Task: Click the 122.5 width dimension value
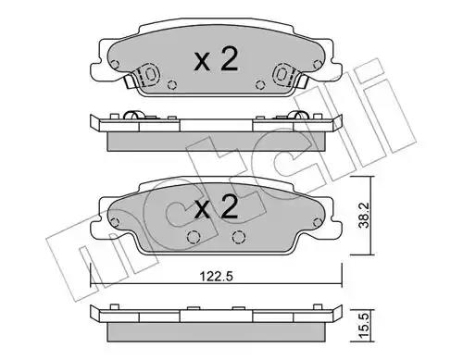pos(217,276)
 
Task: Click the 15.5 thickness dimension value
pos(365,325)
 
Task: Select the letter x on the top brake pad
pos(202,62)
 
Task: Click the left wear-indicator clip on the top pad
pos(147,74)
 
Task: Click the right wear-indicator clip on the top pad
pos(284,74)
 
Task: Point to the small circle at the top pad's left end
pos(115,65)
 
